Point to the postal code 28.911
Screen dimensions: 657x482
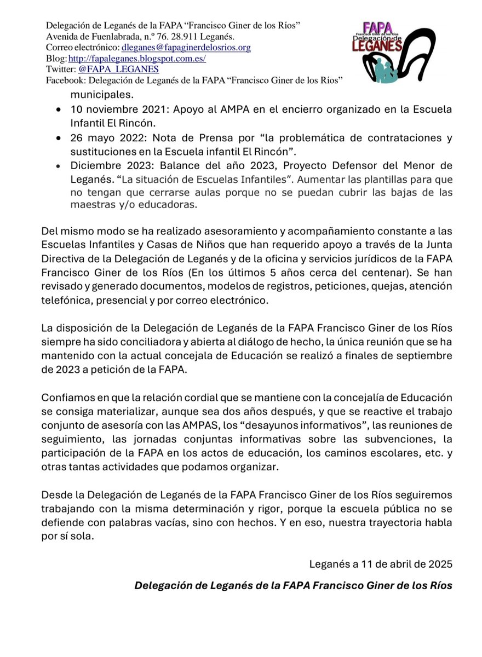181,37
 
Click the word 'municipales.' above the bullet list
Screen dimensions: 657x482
100,94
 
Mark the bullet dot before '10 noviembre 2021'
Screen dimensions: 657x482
59,110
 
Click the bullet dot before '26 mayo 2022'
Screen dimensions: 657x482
59,139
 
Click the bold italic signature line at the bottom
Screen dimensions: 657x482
293,585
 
